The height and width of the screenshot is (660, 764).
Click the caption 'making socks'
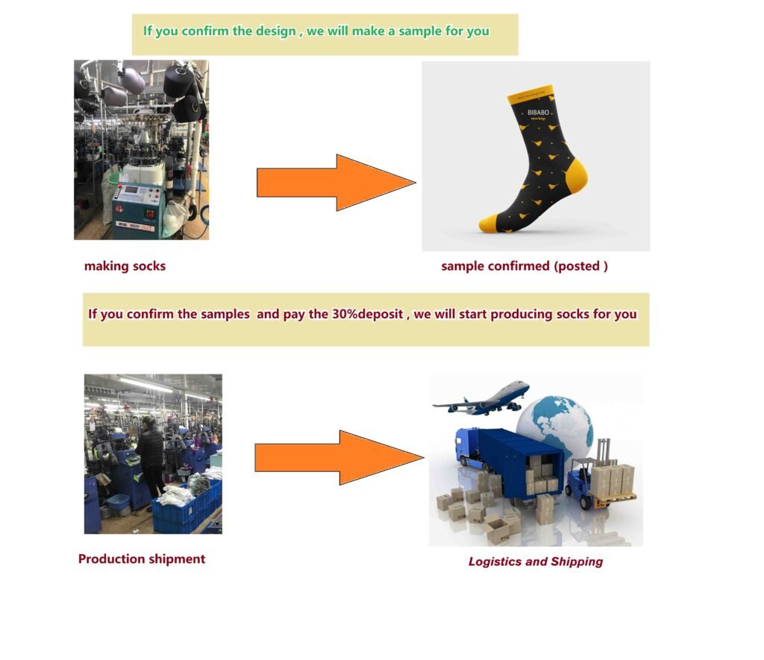click(125, 266)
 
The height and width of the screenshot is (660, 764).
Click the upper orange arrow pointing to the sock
click(336, 183)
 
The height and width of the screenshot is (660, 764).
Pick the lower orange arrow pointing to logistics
click(339, 457)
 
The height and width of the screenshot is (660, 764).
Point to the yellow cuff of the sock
click(530, 94)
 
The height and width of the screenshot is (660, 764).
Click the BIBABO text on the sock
click(538, 113)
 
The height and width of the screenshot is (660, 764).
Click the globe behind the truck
click(555, 423)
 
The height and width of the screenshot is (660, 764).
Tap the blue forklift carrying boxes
click(585, 483)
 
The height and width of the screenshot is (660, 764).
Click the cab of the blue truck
click(467, 447)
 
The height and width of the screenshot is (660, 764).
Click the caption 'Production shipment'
click(142, 559)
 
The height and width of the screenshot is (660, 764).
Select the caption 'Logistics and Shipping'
click(536, 562)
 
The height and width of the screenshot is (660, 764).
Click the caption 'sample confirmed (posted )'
click(525, 266)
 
